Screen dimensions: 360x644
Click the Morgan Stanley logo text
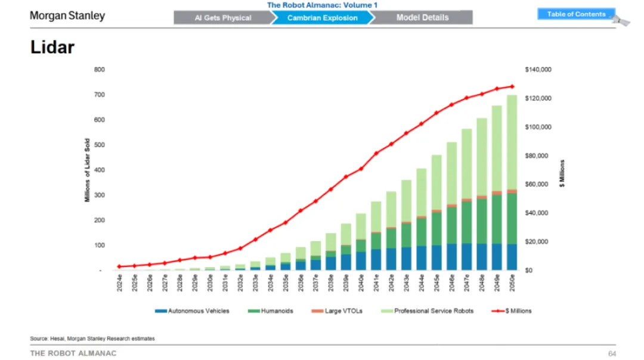click(67, 16)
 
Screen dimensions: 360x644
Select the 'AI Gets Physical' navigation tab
click(222, 18)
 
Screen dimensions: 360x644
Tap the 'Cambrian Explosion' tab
click(322, 18)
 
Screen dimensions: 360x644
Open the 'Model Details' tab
click(422, 18)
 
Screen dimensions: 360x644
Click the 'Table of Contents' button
click(576, 14)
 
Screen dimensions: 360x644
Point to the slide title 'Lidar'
click(52, 48)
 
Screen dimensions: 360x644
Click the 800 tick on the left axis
click(99, 70)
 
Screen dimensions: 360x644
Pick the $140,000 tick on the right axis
click(538, 70)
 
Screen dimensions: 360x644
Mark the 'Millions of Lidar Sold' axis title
click(87, 170)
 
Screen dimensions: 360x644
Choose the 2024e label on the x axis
click(119, 281)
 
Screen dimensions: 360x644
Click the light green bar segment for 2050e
click(512, 143)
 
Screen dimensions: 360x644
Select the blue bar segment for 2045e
click(436, 257)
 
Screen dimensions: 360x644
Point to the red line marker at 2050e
click(512, 86)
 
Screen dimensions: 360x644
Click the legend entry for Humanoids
click(275, 311)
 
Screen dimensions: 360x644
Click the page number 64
click(612, 353)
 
